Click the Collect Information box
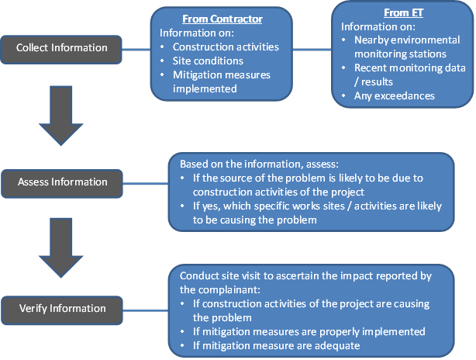[62, 48]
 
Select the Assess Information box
[62, 182]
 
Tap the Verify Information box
[62, 309]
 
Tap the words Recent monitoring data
[406, 68]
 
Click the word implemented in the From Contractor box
[204, 88]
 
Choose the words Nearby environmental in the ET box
[406, 40]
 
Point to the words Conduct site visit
[218, 276]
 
